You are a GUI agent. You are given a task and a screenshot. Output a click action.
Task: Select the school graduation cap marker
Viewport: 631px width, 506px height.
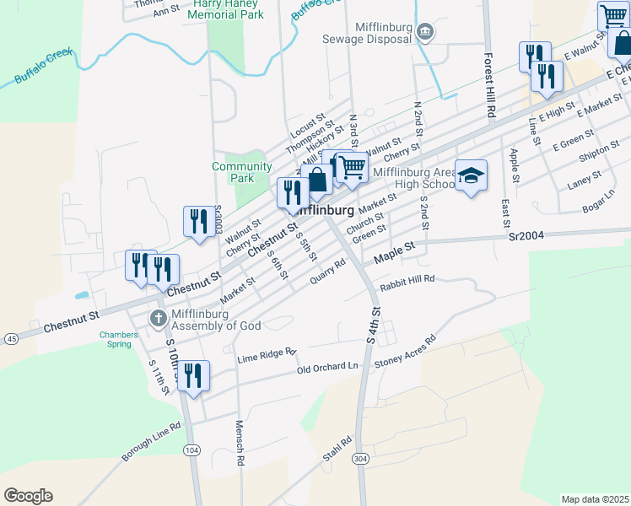pyautogui.click(x=472, y=175)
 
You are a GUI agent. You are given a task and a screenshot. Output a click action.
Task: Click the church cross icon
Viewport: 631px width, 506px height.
pyautogui.click(x=157, y=318)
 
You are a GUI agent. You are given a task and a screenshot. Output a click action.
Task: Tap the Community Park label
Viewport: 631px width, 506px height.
pyautogui.click(x=242, y=172)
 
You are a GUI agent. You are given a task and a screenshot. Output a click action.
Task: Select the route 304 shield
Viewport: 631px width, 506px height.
pyautogui.click(x=360, y=458)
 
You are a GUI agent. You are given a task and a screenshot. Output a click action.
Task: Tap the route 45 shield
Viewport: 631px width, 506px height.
pyautogui.click(x=11, y=338)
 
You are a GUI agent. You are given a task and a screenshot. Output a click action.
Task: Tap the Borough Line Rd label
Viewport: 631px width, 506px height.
pyautogui.click(x=152, y=442)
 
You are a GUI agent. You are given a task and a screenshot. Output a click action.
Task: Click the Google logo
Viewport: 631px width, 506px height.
pyautogui.click(x=28, y=496)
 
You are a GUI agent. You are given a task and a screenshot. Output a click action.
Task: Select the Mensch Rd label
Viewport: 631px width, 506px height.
pyautogui.click(x=240, y=444)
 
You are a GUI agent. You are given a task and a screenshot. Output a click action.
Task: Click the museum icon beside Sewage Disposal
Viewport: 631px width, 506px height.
pyautogui.click(x=425, y=32)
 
